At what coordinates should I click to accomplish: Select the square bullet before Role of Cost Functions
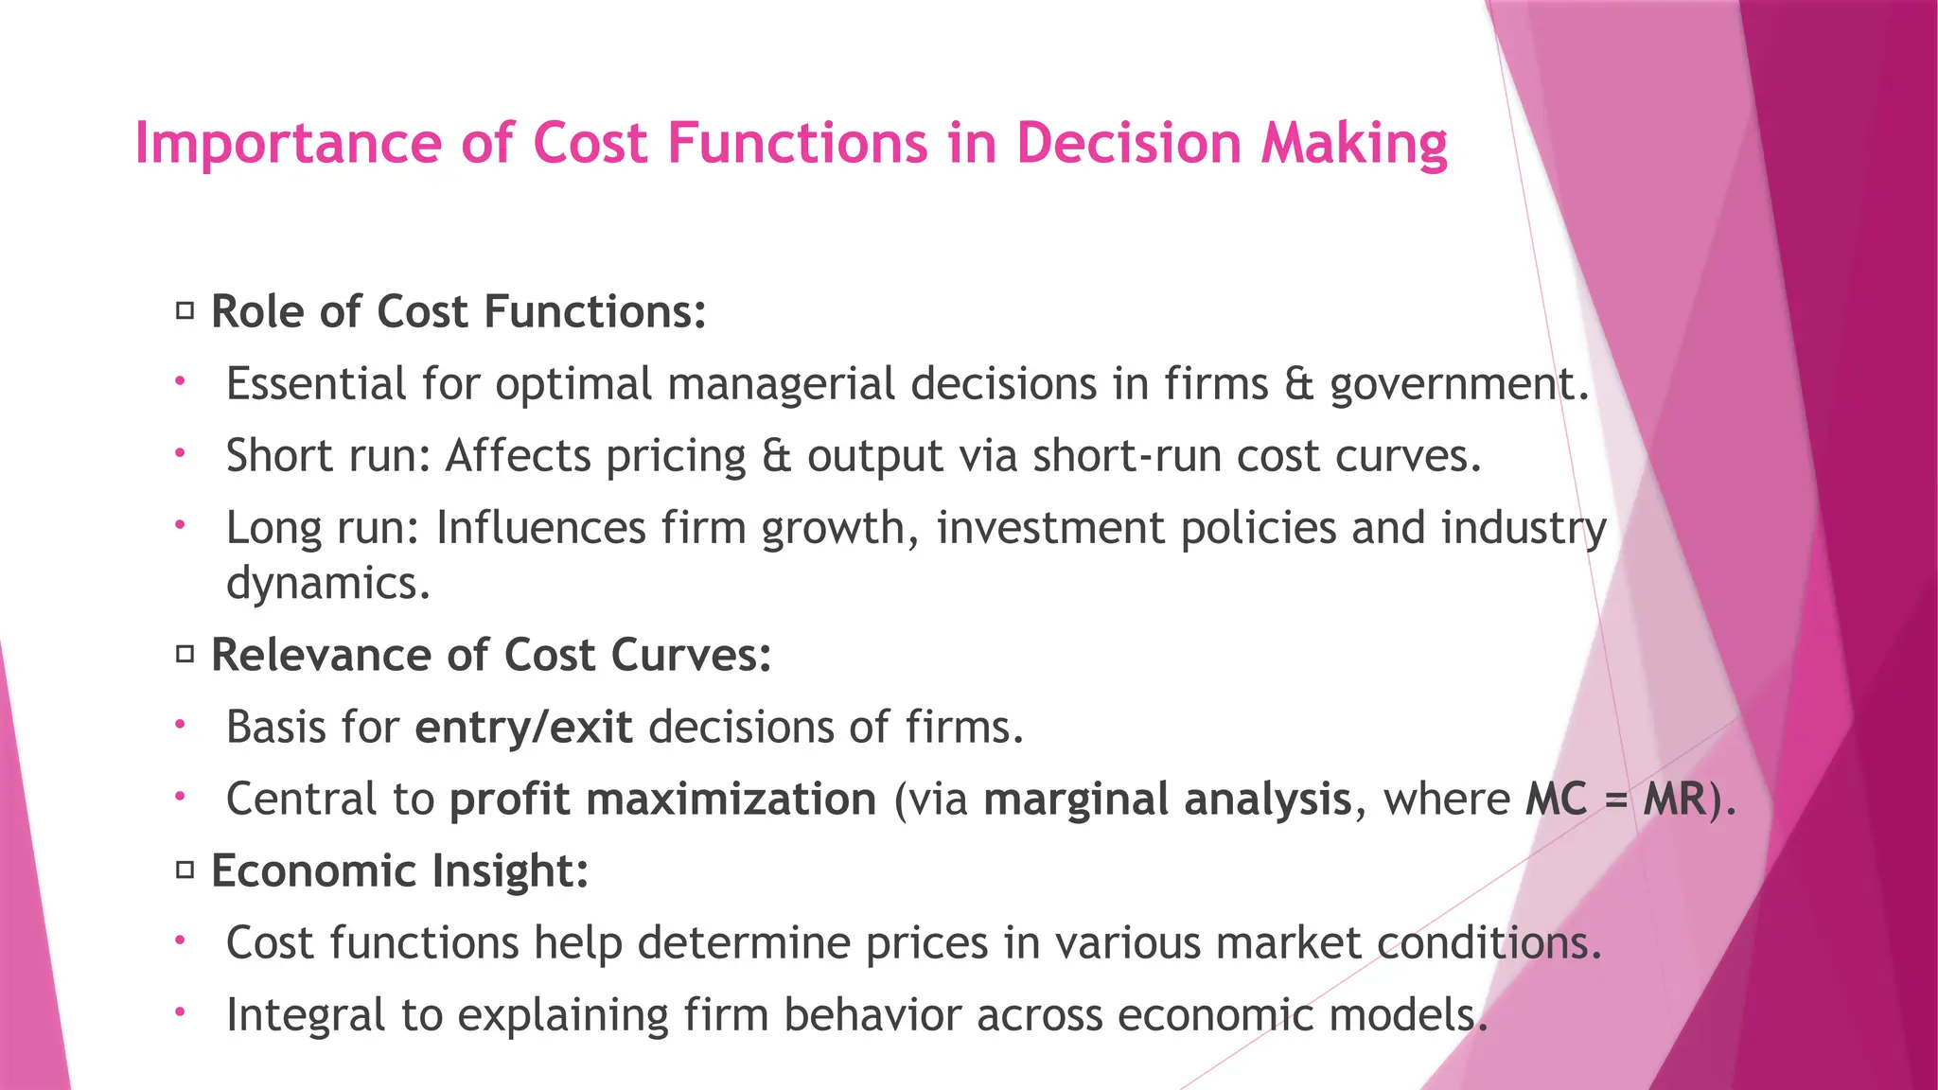[185, 310]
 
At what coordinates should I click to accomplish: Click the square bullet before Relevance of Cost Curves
[185, 654]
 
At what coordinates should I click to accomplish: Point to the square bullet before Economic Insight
[185, 870]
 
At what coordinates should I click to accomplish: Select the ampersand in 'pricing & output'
[776, 456]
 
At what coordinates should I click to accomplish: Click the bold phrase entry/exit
[523, 728]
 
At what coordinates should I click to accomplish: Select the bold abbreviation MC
[1556, 800]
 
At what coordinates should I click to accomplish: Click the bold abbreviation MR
[1674, 800]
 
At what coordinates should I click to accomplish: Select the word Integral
[306, 1015]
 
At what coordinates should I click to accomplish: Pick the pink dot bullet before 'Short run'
[180, 454]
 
